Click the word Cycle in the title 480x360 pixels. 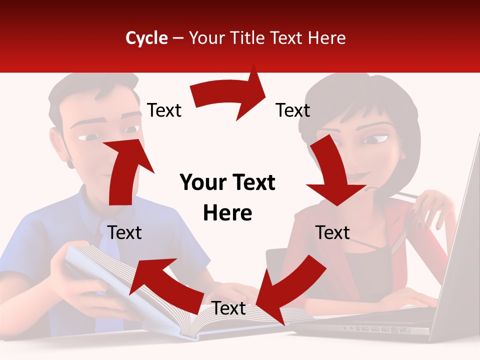[146, 38]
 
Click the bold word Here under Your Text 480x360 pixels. [227, 213]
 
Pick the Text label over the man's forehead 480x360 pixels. [164, 110]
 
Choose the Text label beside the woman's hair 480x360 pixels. [292, 110]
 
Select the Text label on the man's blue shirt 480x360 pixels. [124, 232]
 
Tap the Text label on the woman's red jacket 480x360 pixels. [332, 232]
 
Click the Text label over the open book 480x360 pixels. [228, 308]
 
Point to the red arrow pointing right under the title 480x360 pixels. [230, 95]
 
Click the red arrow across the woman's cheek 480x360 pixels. [332, 172]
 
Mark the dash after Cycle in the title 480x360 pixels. [178, 38]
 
